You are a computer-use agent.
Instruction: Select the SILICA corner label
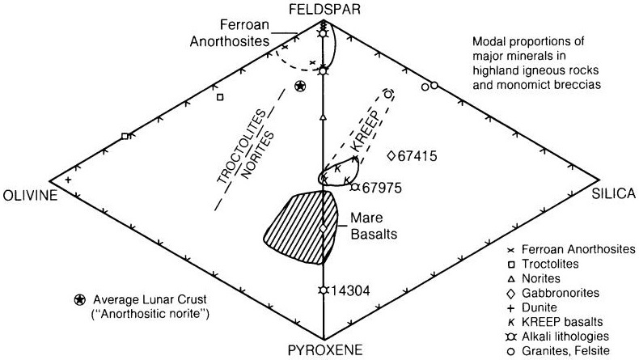pos(616,195)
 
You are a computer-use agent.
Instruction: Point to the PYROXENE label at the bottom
pos(323,350)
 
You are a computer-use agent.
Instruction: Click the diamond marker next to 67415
pos(391,155)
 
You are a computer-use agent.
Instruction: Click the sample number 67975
pos(383,187)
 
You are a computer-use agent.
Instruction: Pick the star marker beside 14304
pos(323,290)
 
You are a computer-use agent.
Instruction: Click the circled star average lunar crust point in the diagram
pos(301,86)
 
